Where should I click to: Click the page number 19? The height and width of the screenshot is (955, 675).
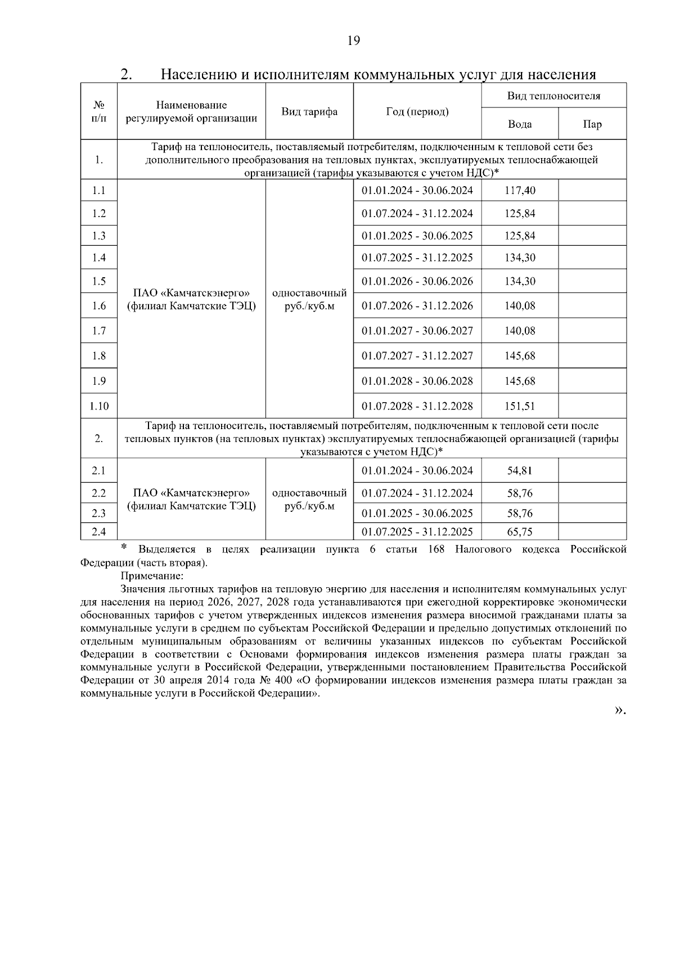coord(353,40)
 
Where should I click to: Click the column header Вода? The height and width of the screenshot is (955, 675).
coord(519,124)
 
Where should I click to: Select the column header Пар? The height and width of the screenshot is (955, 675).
coord(592,124)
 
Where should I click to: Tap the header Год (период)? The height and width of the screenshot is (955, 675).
coord(417,111)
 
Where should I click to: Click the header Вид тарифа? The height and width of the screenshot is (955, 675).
coord(309,111)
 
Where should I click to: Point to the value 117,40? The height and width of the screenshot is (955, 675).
coord(520,191)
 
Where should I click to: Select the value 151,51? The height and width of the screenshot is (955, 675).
coord(520,406)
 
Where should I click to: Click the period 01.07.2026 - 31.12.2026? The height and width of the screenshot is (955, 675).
coord(417,306)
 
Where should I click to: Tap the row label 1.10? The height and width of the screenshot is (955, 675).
coord(99,406)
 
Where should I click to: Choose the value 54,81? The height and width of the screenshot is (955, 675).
coord(520,471)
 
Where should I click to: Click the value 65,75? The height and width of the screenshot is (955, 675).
coord(520,531)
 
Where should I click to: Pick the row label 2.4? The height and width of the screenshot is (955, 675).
coord(99,531)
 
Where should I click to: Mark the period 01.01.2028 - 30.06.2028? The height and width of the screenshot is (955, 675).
coord(417,381)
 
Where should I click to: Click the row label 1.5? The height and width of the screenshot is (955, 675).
coord(99,281)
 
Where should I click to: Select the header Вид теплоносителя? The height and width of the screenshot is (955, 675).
coord(553,96)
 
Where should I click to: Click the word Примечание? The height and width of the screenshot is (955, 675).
coord(152,576)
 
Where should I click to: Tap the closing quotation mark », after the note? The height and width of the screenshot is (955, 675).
coord(619,710)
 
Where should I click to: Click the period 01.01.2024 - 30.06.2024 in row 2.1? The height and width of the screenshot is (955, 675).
coord(417,471)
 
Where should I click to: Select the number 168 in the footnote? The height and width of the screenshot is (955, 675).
coord(436,549)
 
